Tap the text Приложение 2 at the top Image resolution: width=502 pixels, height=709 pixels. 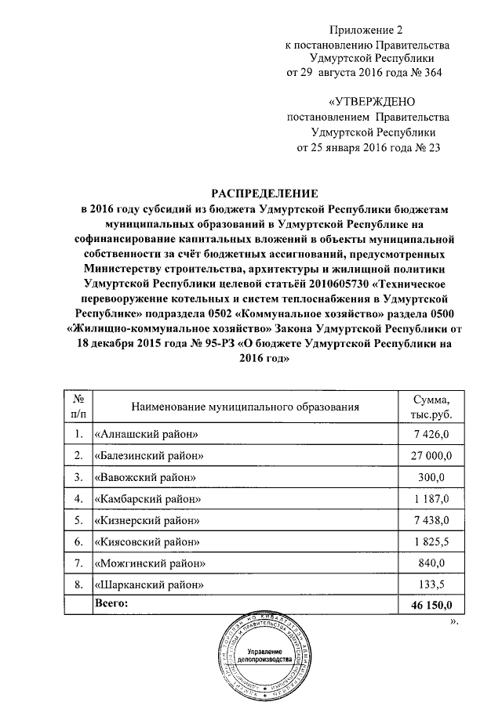point(367,32)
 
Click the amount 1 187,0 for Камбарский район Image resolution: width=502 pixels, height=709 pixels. point(432,498)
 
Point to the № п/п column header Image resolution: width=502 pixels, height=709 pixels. point(78,407)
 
